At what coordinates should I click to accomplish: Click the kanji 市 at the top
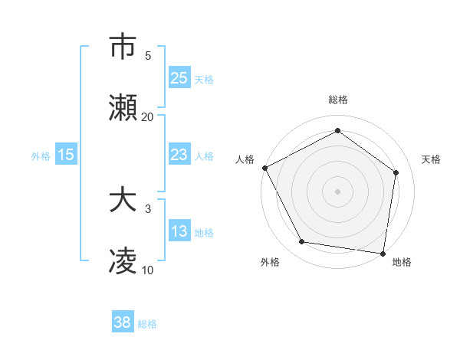coord(123,47)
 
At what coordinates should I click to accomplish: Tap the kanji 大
coord(123,201)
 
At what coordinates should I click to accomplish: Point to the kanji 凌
coord(123,263)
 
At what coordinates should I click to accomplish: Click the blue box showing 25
coord(179,78)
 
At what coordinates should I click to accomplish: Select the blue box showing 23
coord(179,155)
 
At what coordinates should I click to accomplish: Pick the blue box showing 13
coord(179,232)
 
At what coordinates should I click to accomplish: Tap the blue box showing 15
coord(66,155)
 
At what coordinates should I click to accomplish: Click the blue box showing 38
coord(123,323)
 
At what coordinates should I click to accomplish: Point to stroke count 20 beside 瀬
coord(147,117)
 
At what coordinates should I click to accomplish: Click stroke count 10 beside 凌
coord(147,270)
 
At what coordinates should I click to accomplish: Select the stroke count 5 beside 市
coord(147,55)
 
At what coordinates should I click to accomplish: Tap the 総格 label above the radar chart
coord(338,100)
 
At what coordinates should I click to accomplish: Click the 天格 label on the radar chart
coord(431,159)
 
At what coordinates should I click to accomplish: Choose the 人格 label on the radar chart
coord(245,159)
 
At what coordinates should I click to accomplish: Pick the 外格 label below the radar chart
coord(270,263)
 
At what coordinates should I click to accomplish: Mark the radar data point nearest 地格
coord(383,253)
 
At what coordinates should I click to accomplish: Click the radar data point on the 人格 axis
coord(264,168)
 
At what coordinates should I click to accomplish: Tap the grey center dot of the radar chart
coord(338,191)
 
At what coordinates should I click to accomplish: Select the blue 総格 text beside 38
coord(147,324)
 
